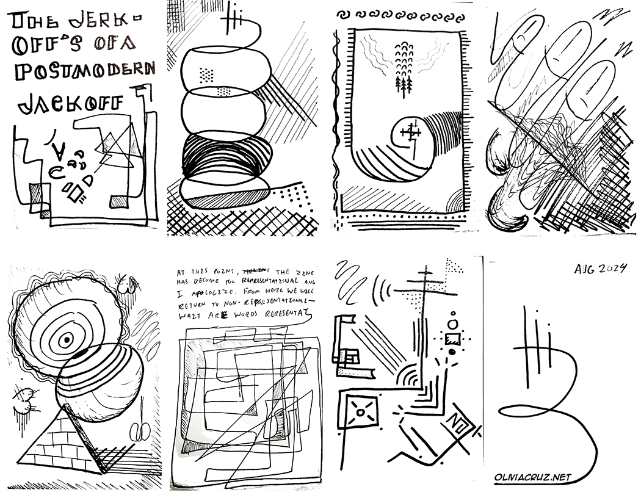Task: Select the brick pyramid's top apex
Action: coord(60,408)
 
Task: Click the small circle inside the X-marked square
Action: coord(360,413)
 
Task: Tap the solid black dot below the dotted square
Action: coord(452,351)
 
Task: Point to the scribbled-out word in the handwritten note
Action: coord(255,270)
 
